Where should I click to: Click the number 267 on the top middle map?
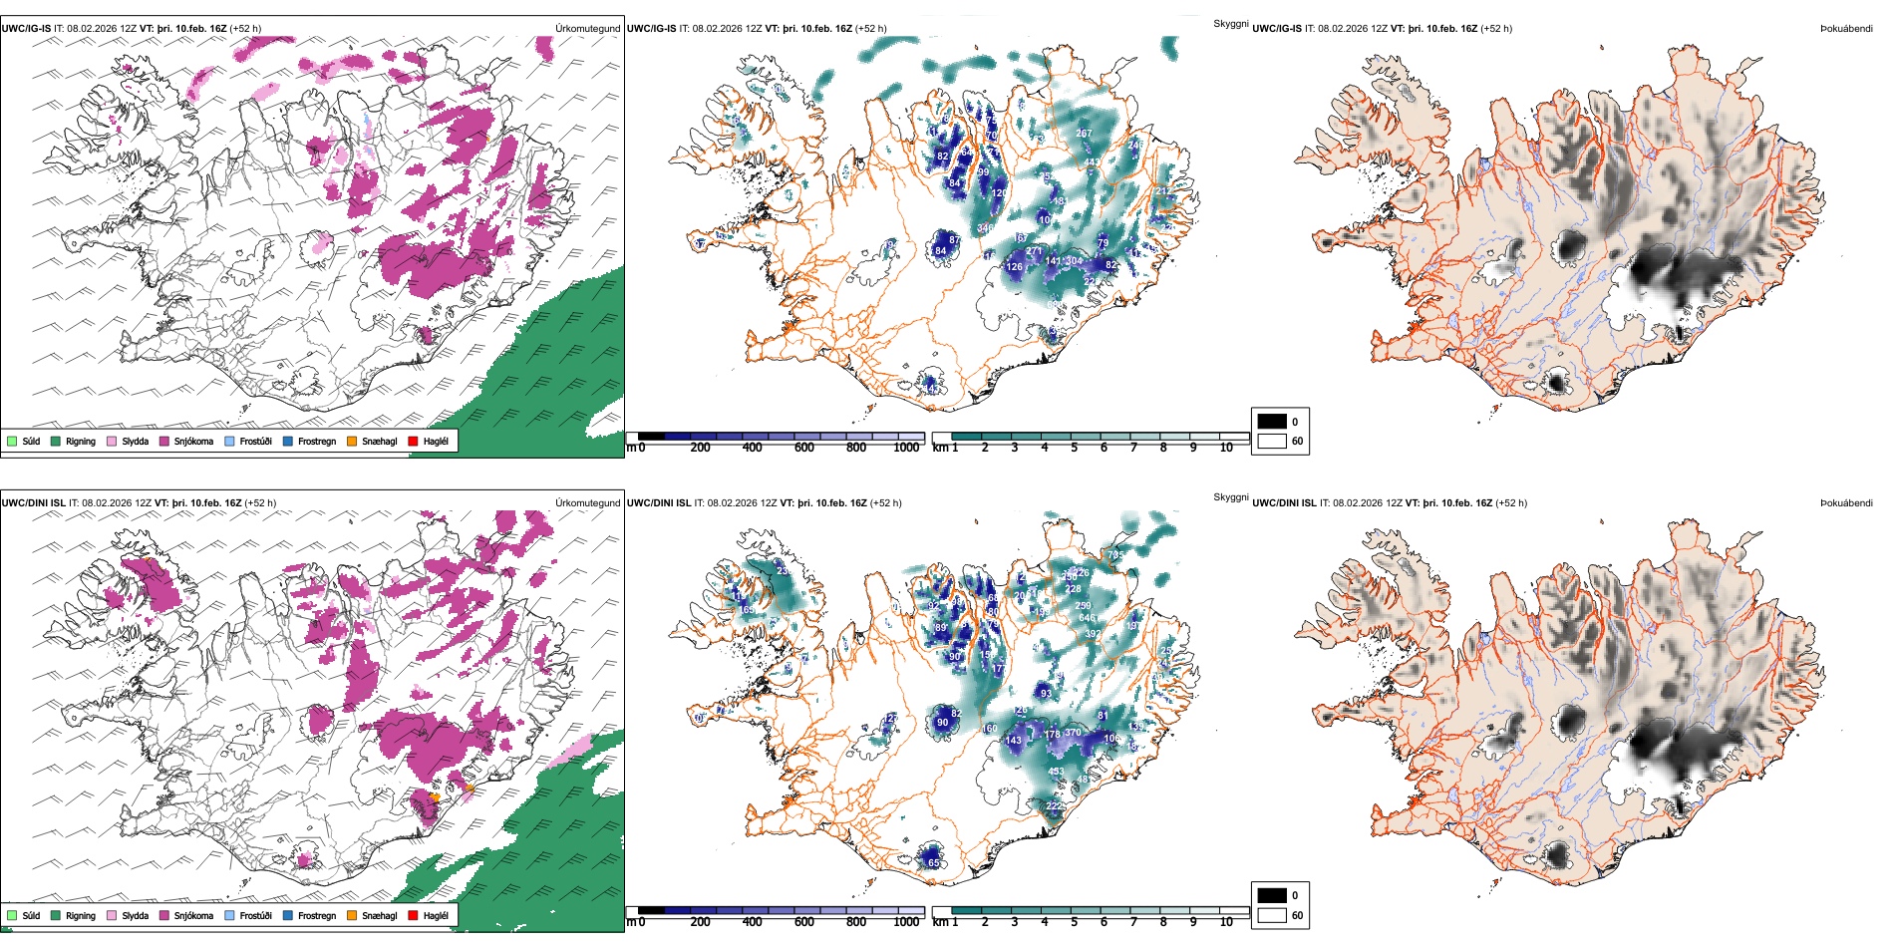click(x=1084, y=134)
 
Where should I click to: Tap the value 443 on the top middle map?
click(x=1093, y=161)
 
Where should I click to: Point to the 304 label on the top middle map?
click(x=1074, y=261)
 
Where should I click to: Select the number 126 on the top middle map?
click(x=1015, y=266)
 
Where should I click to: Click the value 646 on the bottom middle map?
click(x=1088, y=618)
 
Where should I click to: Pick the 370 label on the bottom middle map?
click(x=1073, y=733)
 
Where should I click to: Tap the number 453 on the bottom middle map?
click(x=1056, y=771)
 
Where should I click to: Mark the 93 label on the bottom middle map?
click(x=1046, y=693)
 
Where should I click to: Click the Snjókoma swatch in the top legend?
click(x=164, y=441)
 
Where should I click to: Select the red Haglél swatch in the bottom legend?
click(x=414, y=915)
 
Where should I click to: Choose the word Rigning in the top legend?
click(x=81, y=442)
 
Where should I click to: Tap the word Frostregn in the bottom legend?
click(x=317, y=916)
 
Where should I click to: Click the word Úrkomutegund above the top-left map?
click(x=587, y=29)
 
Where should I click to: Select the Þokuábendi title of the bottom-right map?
click(x=1846, y=503)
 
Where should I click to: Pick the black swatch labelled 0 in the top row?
click(x=1272, y=422)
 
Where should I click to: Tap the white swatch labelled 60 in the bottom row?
click(x=1272, y=915)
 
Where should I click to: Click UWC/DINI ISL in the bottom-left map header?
click(x=33, y=503)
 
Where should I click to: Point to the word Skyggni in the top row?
click(x=1230, y=24)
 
